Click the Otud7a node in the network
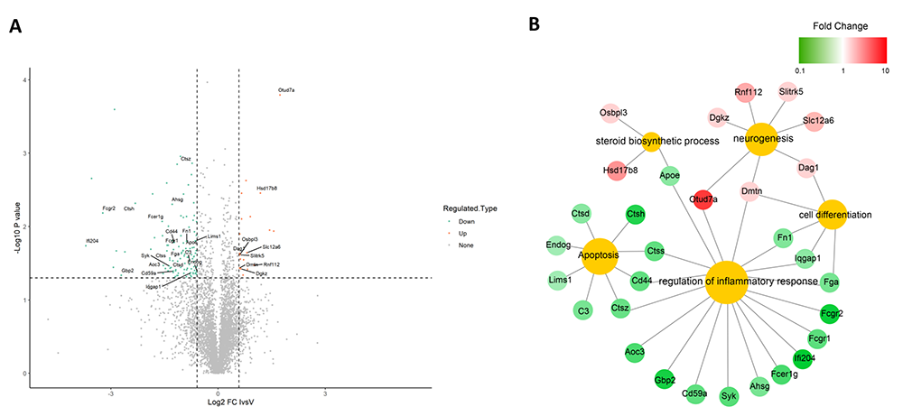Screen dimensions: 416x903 (703, 200)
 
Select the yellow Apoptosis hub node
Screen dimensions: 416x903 (598, 256)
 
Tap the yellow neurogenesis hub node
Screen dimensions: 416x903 (760, 139)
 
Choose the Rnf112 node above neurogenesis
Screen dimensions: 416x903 (749, 91)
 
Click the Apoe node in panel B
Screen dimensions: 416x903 (669, 175)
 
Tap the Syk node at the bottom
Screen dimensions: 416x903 (729, 395)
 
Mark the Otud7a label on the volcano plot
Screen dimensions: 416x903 (286, 90)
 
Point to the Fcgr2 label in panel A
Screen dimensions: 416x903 (108, 209)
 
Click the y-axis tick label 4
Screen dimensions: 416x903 (24, 80)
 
